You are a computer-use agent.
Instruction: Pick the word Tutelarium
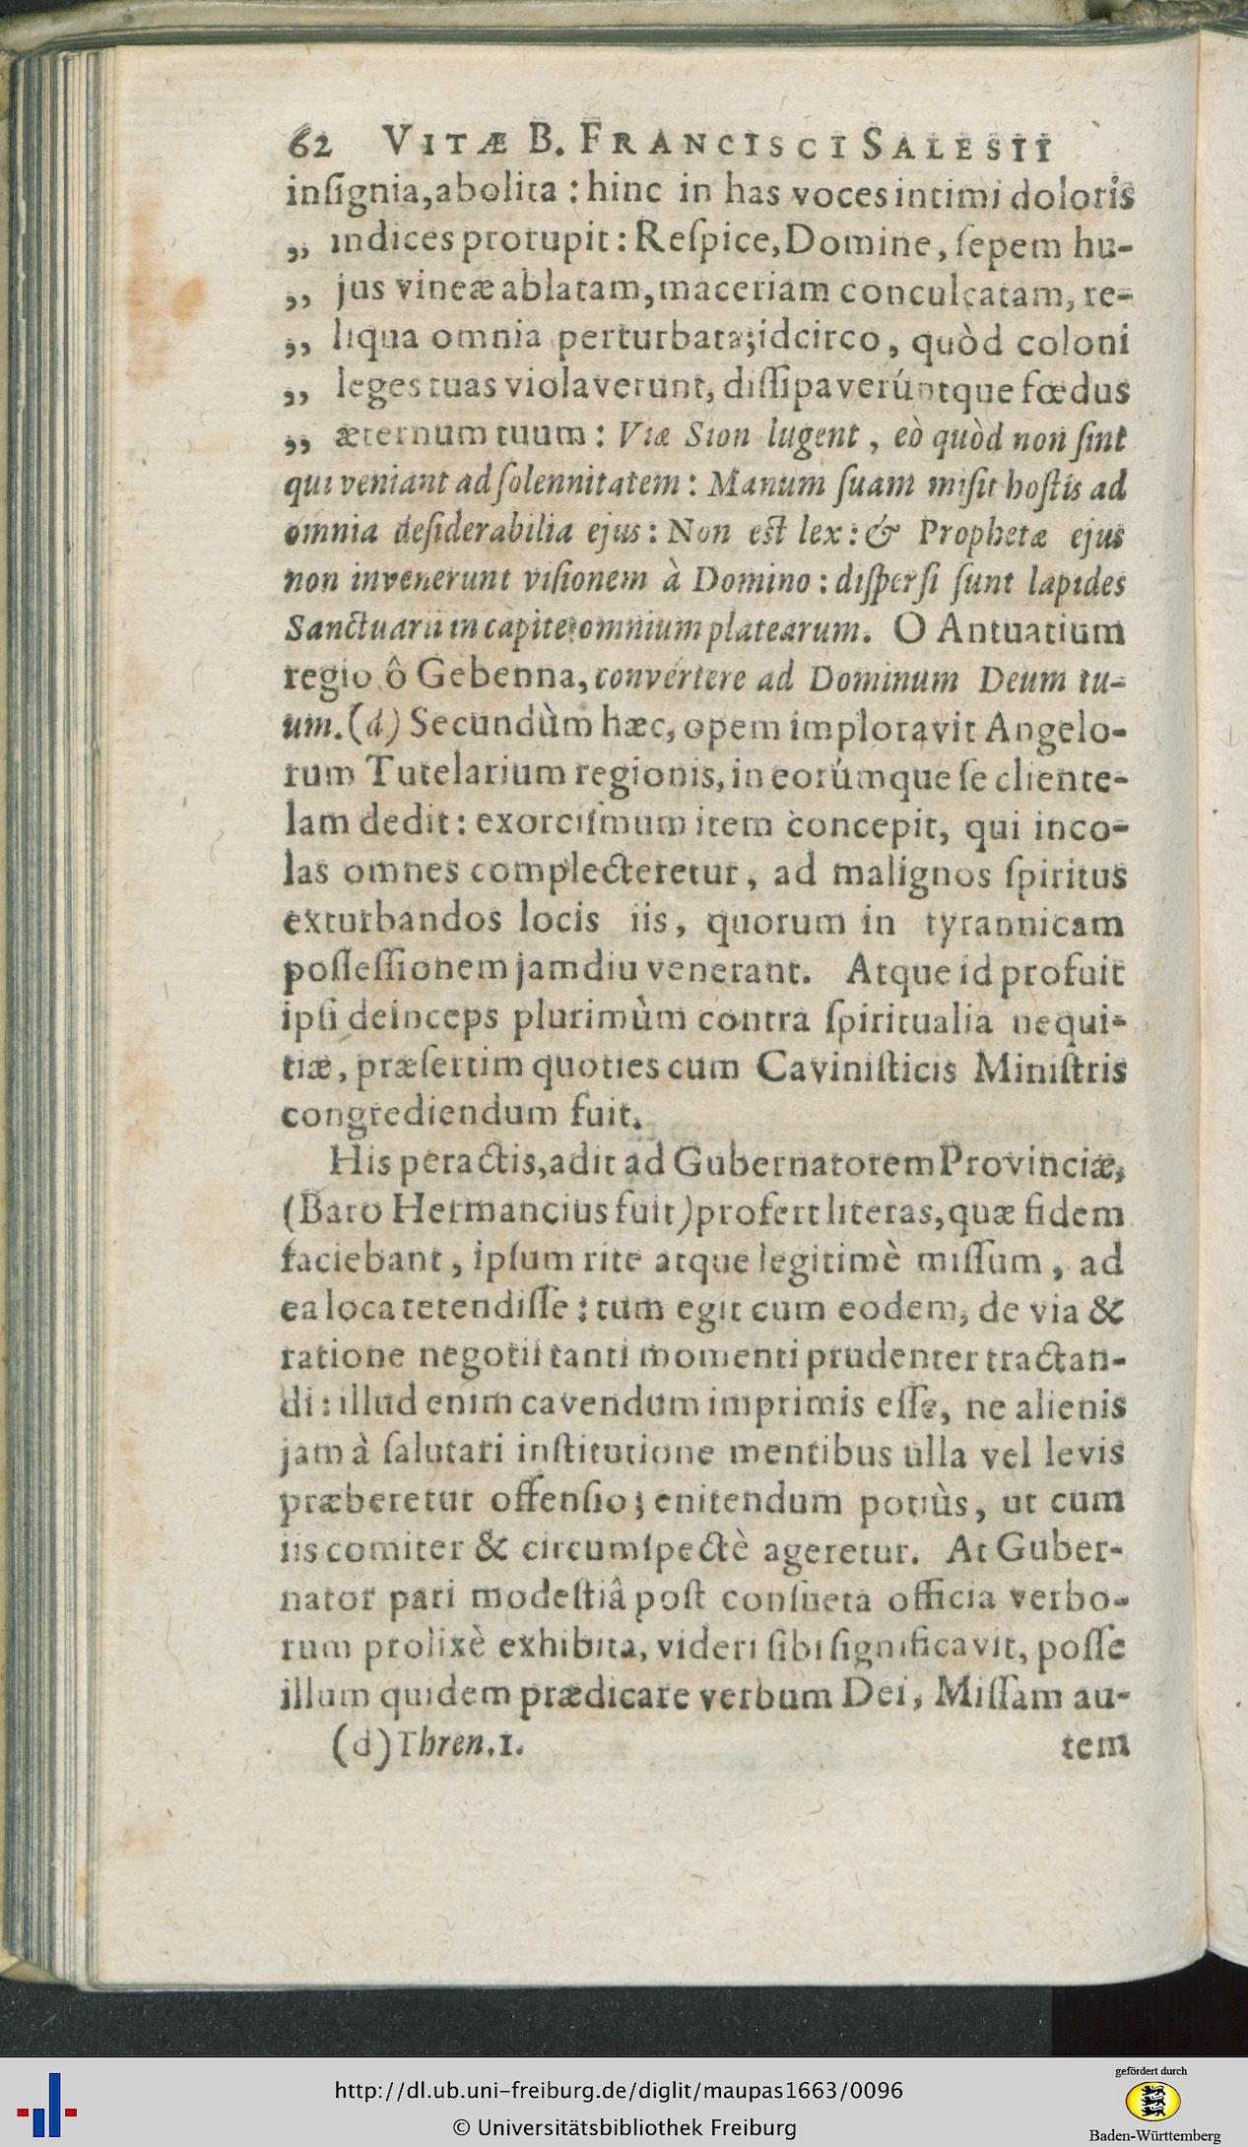point(442,773)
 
